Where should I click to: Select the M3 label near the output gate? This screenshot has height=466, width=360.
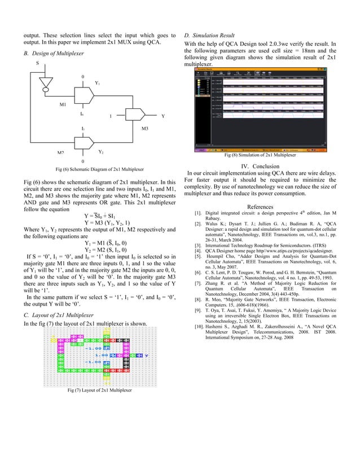click(144, 129)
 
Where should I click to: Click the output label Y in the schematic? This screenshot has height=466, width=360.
click(163, 117)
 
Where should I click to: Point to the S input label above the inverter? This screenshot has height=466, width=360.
click(38, 63)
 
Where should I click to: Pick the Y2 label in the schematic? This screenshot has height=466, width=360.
click(101, 152)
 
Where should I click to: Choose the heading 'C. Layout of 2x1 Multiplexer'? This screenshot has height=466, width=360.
click(58, 314)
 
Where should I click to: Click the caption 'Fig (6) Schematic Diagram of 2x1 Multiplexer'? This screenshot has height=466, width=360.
click(99, 169)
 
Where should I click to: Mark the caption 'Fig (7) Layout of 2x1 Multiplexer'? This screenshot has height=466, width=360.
click(100, 390)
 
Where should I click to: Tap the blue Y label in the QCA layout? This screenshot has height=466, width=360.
click(146, 356)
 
